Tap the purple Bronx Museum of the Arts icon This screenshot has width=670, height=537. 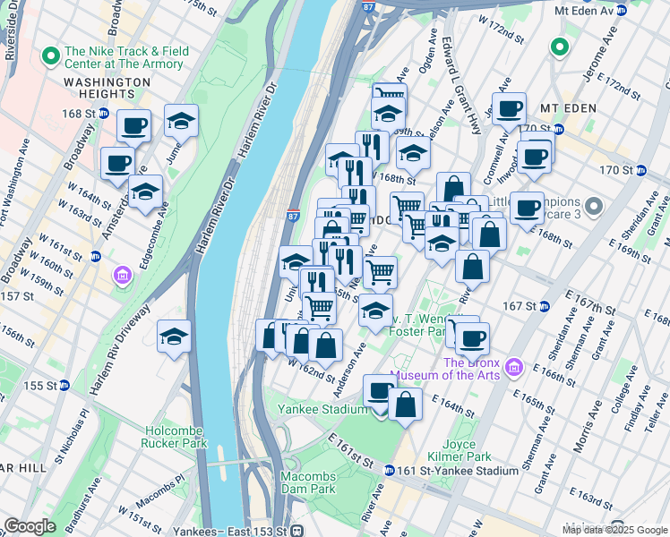[513, 367]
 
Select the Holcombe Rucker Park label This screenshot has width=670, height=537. [175, 435]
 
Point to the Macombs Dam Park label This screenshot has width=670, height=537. [307, 482]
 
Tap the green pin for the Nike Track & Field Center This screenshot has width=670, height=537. [50, 56]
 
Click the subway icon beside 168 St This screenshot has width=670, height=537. [104, 114]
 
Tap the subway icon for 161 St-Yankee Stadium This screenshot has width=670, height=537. [390, 471]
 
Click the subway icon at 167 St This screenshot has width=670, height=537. [543, 306]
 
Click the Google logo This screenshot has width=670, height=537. [30, 525]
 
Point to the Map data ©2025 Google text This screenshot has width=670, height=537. [614, 530]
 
